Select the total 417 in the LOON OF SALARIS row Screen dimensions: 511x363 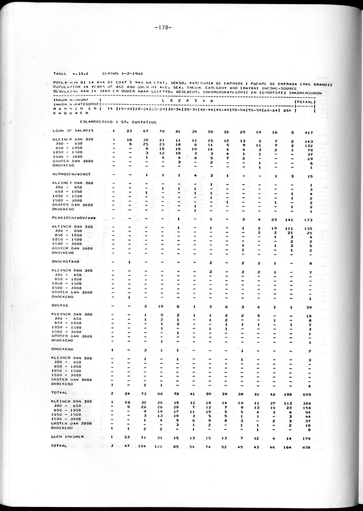[308, 131]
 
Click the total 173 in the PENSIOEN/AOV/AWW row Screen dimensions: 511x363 [308, 219]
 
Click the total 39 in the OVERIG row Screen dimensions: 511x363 [309, 307]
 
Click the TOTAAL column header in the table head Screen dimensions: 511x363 [305, 101]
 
